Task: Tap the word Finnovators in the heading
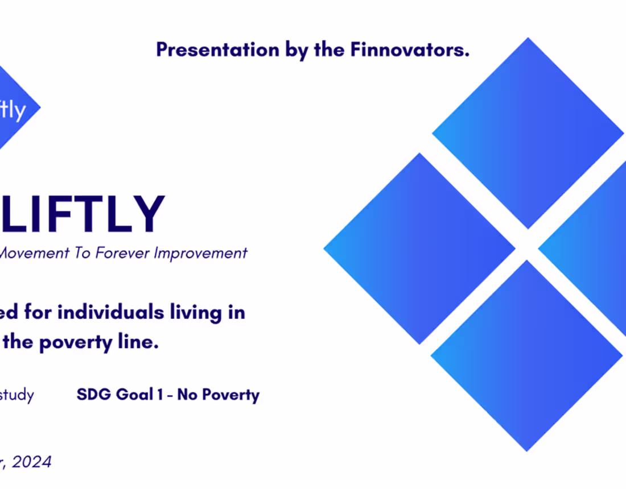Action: tap(409, 50)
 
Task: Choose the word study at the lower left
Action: tap(17, 395)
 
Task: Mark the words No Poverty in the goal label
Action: tap(219, 395)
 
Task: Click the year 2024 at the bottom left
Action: tap(31, 462)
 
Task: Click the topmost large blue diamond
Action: tap(528, 133)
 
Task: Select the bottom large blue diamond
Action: tap(527, 356)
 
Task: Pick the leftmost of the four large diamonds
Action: tap(419, 248)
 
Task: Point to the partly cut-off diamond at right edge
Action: tap(592, 248)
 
